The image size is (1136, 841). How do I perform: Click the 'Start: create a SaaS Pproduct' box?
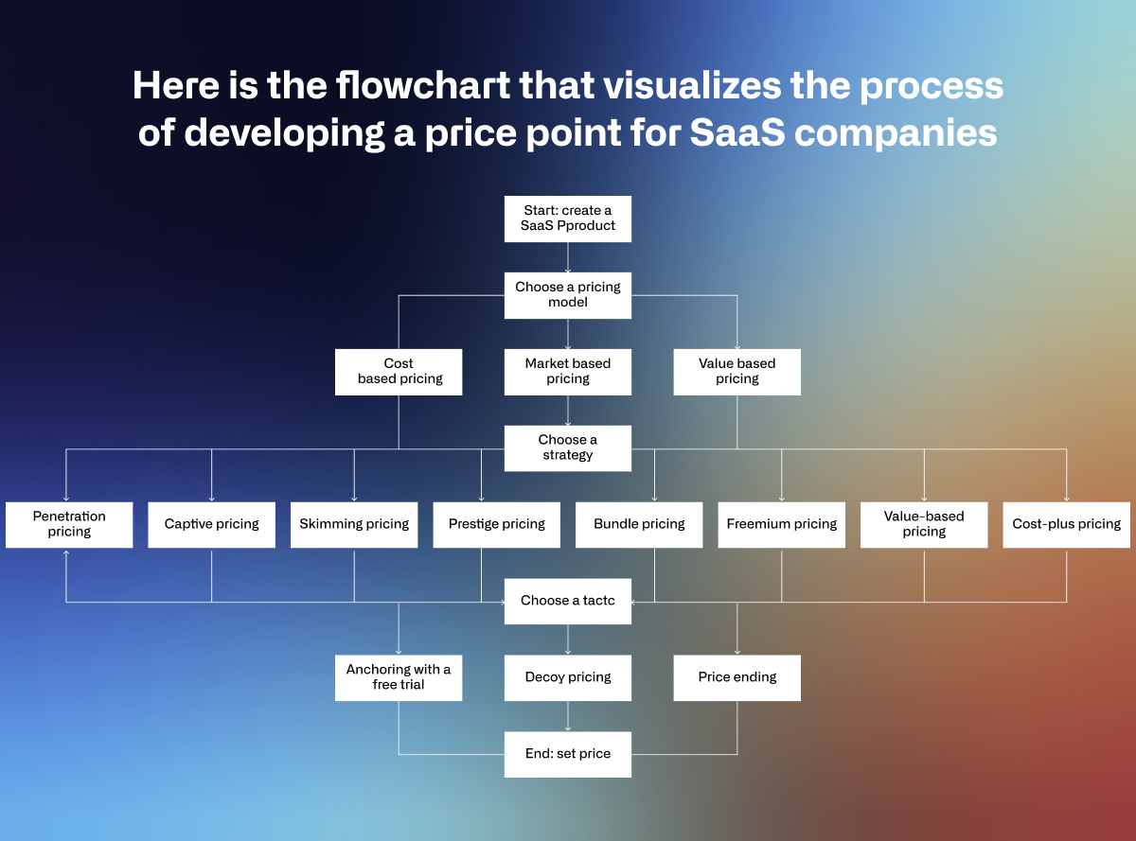pyautogui.click(x=567, y=219)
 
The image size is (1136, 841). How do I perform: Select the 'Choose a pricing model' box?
pyautogui.click(x=567, y=295)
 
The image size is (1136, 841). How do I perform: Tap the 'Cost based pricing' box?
pyautogui.click(x=399, y=372)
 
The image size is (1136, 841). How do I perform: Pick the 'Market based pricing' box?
pyautogui.click(x=567, y=372)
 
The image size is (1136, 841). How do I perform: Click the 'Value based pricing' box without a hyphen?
pyautogui.click(x=737, y=372)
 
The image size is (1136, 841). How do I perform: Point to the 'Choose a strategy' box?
pyautogui.click(x=567, y=448)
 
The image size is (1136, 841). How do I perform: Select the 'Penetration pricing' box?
pyautogui.click(x=69, y=525)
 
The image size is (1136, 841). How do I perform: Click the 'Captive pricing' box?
pyautogui.click(x=211, y=525)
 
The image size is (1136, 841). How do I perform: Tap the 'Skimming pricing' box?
pyautogui.click(x=354, y=525)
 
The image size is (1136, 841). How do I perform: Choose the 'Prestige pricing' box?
pyautogui.click(x=497, y=525)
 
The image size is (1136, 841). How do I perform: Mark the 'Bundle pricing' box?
pyautogui.click(x=639, y=525)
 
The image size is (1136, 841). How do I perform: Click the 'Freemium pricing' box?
pyautogui.click(x=782, y=525)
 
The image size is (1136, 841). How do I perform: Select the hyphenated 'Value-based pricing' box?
pyautogui.click(x=924, y=525)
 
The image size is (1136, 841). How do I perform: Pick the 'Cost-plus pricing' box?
pyautogui.click(x=1066, y=525)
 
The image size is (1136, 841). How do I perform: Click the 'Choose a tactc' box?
pyautogui.click(x=567, y=602)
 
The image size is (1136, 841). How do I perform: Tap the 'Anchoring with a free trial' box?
pyautogui.click(x=399, y=677)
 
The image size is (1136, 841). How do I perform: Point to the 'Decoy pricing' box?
pyautogui.click(x=567, y=677)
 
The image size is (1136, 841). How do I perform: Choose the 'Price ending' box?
pyautogui.click(x=737, y=677)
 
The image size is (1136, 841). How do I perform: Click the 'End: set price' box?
pyautogui.click(x=567, y=755)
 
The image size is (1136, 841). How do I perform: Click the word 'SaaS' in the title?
pyautogui.click(x=737, y=132)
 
